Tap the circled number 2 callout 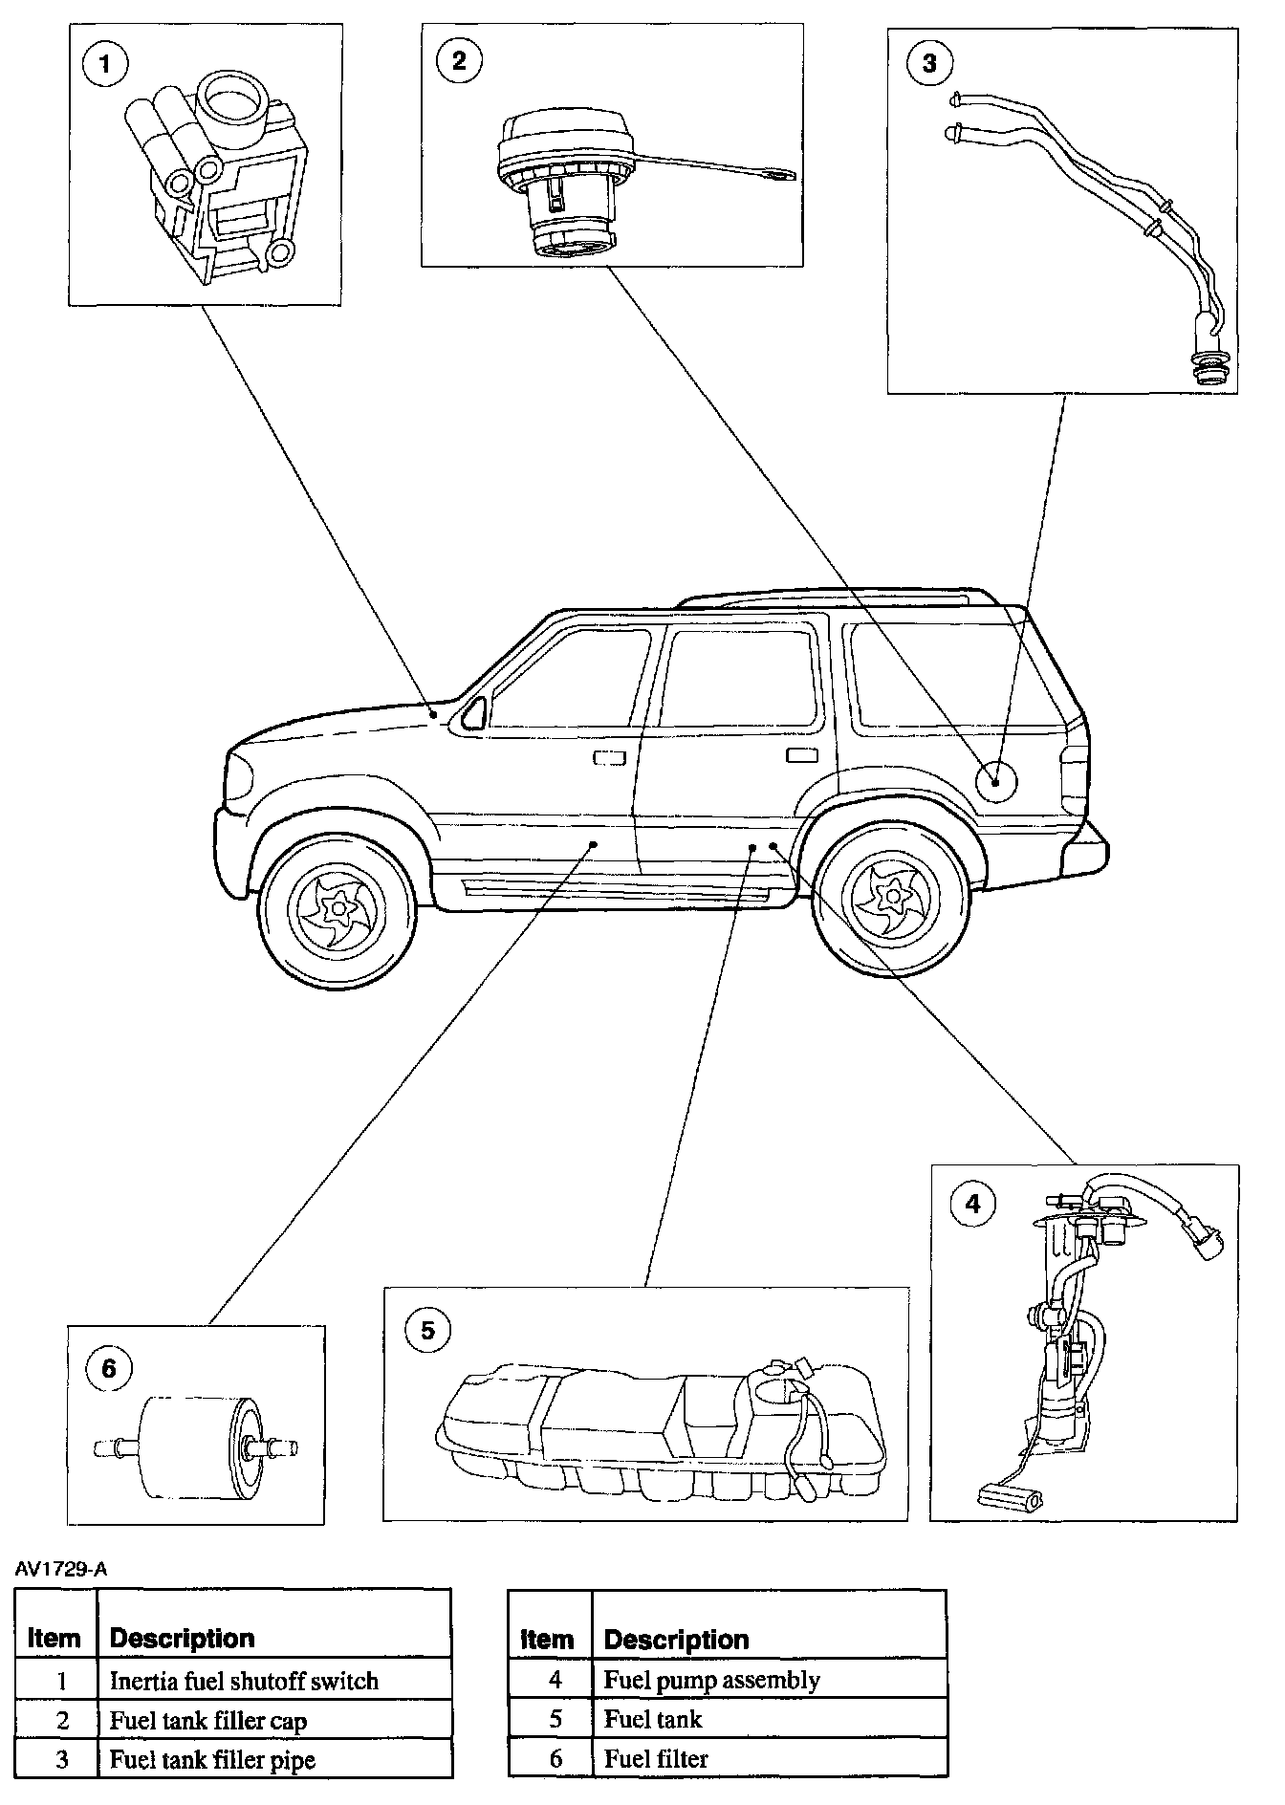pyautogui.click(x=458, y=60)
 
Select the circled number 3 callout pyautogui.click(x=929, y=64)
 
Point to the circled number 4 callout pyautogui.click(x=972, y=1203)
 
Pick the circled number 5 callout pyautogui.click(x=427, y=1330)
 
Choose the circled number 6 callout pyautogui.click(x=108, y=1368)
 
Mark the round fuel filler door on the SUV pyautogui.click(x=995, y=779)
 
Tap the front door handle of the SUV pyautogui.click(x=609, y=758)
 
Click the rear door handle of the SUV pyautogui.click(x=801, y=756)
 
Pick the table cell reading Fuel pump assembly pyautogui.click(x=711, y=1680)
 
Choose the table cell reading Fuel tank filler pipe pyautogui.click(x=212, y=1759)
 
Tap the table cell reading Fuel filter pyautogui.click(x=656, y=1758)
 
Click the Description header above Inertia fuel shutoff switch pyautogui.click(x=182, y=1638)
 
